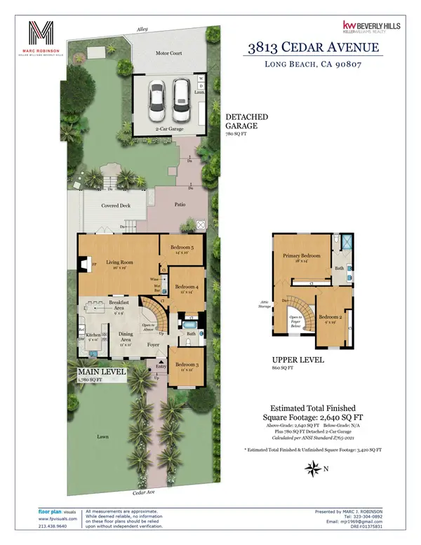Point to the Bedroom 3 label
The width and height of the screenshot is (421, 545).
tap(187, 365)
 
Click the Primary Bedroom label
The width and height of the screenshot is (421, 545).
tap(302, 256)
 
